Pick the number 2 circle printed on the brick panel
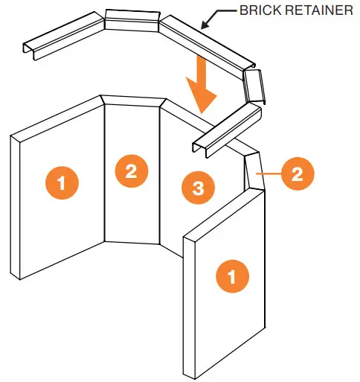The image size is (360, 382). (x=131, y=171)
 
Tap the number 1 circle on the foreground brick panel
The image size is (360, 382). (x=231, y=277)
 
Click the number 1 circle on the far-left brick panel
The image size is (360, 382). (x=62, y=181)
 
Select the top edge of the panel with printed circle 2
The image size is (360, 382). (x=132, y=101)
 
